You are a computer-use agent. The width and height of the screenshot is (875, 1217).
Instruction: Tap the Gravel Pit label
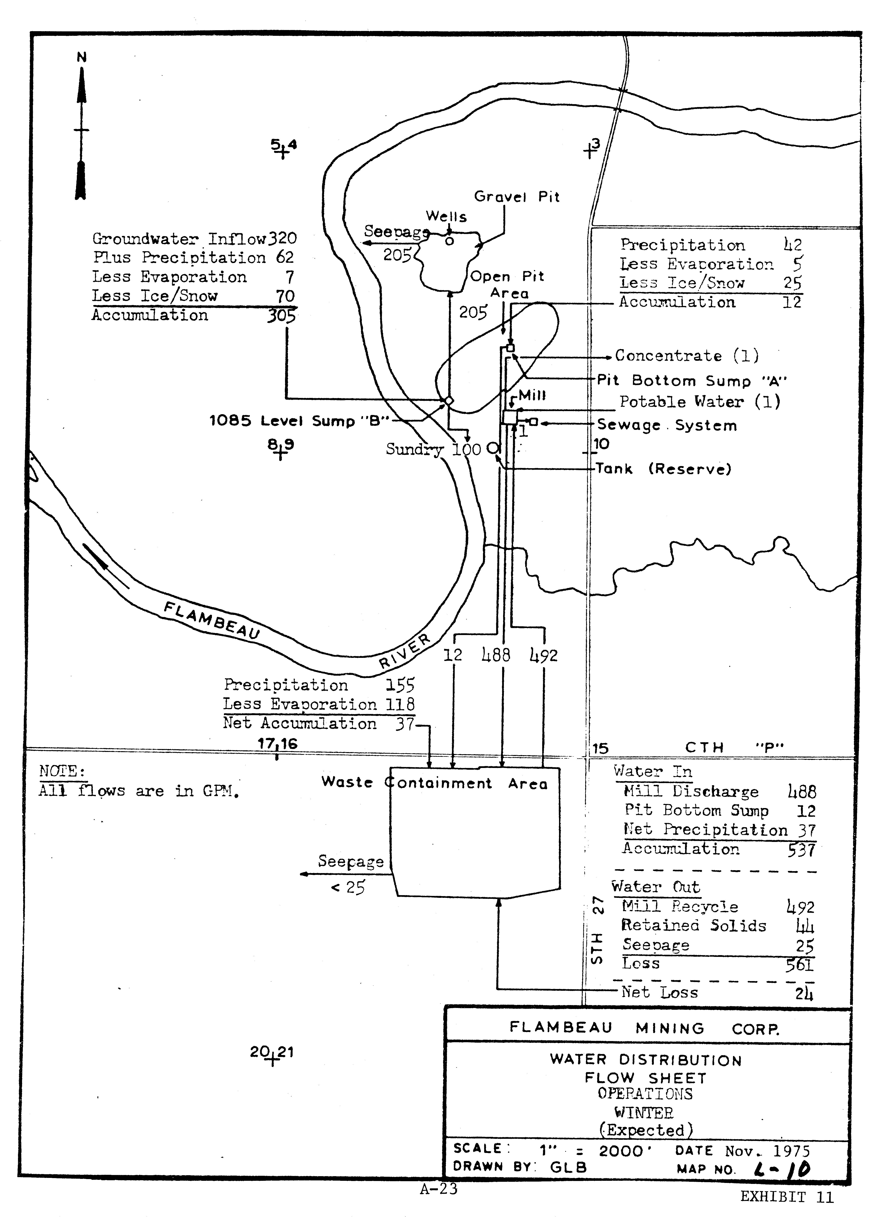point(517,197)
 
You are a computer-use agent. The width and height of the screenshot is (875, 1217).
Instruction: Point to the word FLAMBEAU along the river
point(212,620)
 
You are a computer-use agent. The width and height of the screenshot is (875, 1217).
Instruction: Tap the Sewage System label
point(667,426)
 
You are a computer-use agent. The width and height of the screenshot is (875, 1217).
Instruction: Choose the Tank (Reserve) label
point(664,469)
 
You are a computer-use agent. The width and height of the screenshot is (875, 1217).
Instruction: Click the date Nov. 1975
point(767,1151)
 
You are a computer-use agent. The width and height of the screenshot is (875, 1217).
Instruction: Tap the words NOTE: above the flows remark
point(62,772)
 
